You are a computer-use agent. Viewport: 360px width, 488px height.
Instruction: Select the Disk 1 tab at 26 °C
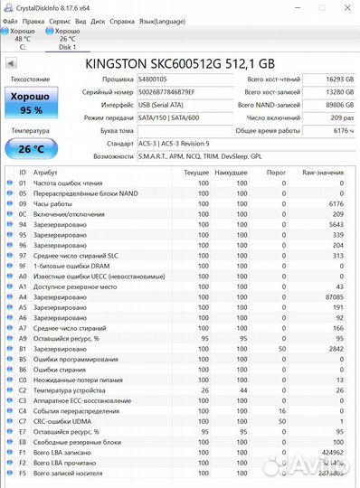[x=68, y=38]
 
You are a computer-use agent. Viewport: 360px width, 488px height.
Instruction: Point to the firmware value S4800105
[x=153, y=80]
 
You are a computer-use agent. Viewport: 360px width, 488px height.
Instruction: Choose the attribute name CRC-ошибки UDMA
[x=64, y=420]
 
